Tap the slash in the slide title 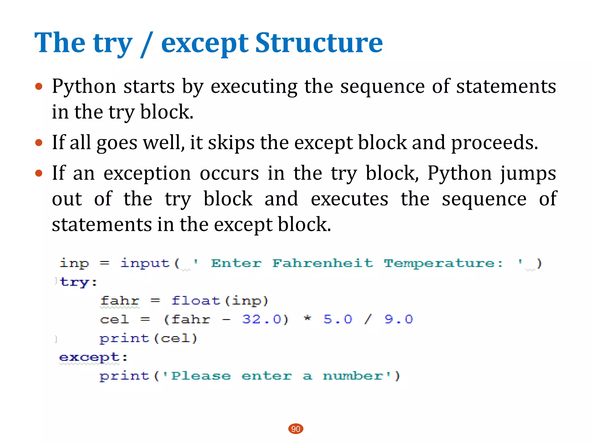coord(146,45)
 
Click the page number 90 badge coord(296,429)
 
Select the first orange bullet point coord(39,86)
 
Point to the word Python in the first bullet coord(84,87)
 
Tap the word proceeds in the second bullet coord(494,143)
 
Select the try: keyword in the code coord(78,282)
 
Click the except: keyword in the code coord(93,358)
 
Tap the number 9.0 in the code coord(399,319)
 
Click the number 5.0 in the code coord(338,319)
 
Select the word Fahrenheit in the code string coord(323,263)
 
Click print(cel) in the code coord(148,338)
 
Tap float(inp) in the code coord(220,301)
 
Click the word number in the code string coord(353,376)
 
